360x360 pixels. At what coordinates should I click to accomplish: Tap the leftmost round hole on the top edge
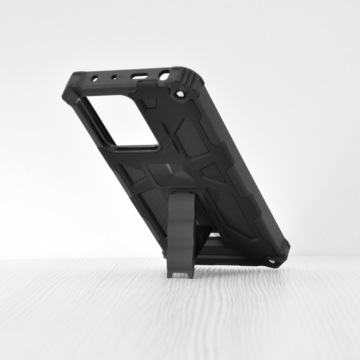point(95,79)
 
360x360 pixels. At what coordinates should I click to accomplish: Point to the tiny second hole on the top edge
point(114,78)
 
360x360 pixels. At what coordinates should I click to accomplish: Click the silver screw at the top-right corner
point(179,94)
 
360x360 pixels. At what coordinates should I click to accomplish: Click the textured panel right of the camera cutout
point(191,137)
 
